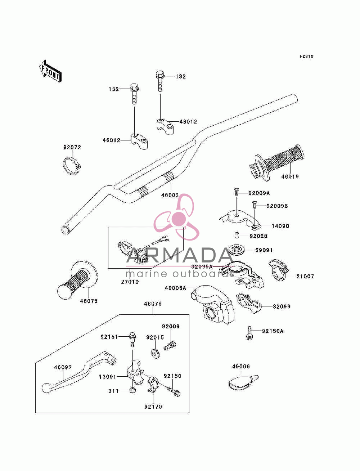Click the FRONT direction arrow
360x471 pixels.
(50, 71)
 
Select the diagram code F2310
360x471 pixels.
(306, 57)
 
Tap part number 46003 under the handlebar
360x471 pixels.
(170, 195)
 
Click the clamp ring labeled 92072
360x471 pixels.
(72, 166)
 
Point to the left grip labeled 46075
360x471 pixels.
(77, 280)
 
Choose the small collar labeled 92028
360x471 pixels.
(236, 235)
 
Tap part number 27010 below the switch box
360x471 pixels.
(130, 282)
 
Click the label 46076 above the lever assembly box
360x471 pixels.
(153, 304)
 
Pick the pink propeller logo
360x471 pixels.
(177, 217)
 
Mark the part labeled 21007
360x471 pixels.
(279, 270)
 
